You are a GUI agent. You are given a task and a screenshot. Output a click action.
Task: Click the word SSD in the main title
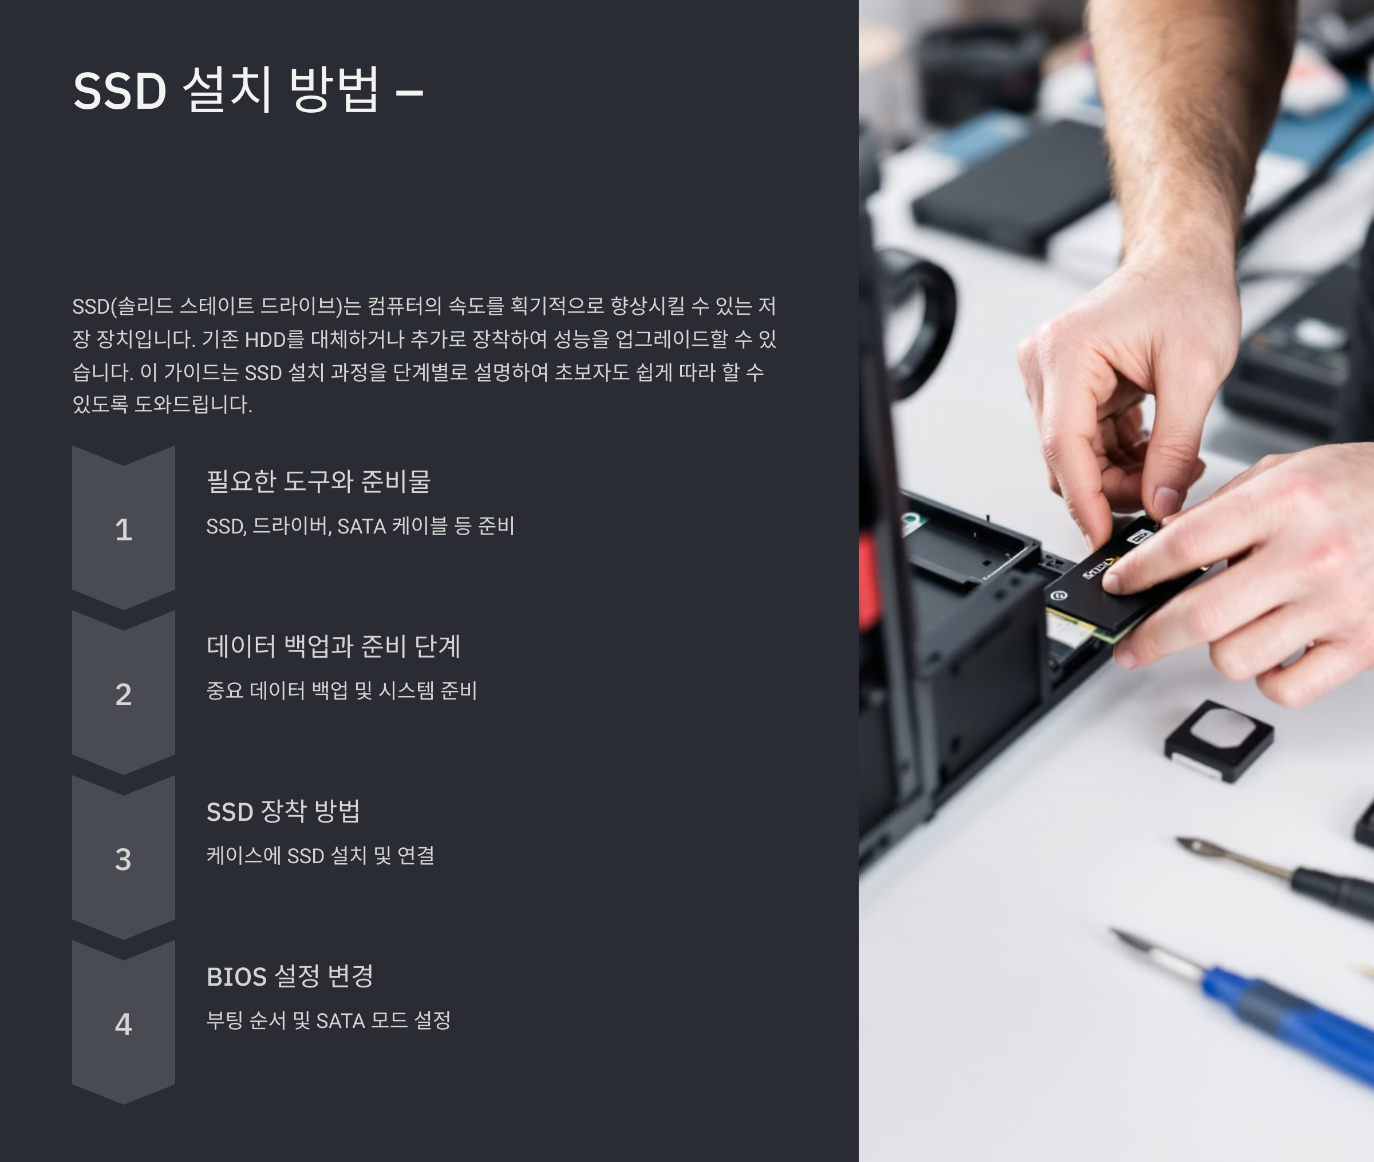pyautogui.click(x=119, y=91)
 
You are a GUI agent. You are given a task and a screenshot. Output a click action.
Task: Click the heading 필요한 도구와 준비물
pyautogui.click(x=318, y=481)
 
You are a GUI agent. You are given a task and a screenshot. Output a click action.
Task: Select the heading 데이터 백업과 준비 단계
pyautogui.click(x=333, y=646)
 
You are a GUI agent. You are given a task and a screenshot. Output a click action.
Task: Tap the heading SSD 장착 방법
pyautogui.click(x=283, y=811)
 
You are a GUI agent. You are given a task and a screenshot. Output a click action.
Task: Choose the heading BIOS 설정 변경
pyautogui.click(x=290, y=976)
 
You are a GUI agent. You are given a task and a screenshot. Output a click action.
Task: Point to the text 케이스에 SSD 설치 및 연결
pyautogui.click(x=320, y=856)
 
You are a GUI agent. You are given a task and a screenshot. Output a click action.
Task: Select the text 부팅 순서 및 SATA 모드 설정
pyautogui.click(x=328, y=1021)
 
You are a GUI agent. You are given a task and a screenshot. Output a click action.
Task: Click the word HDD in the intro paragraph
pyautogui.click(x=265, y=339)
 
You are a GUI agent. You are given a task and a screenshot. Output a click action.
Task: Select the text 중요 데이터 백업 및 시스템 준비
pyautogui.click(x=341, y=691)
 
